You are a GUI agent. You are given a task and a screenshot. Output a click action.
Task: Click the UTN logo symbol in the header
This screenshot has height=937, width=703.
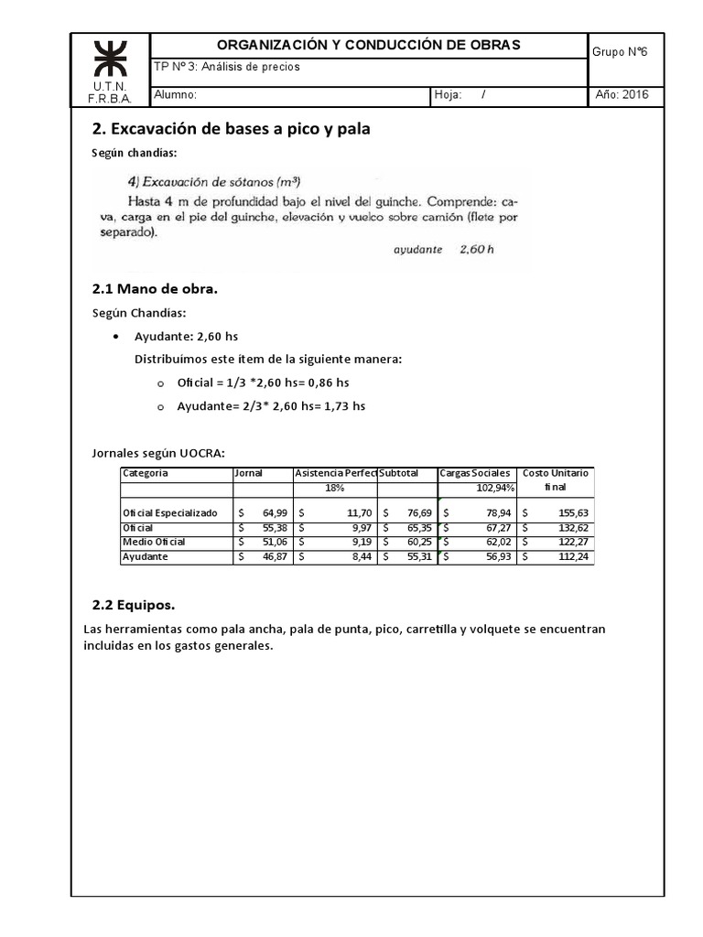tap(109, 60)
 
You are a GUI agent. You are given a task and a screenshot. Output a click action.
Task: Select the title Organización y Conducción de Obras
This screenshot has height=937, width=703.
tap(367, 45)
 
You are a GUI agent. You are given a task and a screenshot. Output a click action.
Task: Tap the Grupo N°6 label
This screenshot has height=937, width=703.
tap(620, 52)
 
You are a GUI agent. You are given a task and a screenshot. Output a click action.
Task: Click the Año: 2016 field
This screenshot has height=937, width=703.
tap(622, 95)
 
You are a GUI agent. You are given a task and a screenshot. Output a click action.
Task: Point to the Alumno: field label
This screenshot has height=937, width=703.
tap(176, 95)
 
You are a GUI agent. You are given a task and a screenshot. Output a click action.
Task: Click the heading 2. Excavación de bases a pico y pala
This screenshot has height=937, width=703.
tap(232, 129)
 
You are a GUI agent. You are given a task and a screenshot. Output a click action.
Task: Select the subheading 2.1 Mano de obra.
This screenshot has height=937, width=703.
tap(156, 289)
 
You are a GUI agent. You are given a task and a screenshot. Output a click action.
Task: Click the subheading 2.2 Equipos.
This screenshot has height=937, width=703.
tap(134, 606)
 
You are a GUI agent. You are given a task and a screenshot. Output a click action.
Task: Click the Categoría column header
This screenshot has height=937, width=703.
tap(146, 473)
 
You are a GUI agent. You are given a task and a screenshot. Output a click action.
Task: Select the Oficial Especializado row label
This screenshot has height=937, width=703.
tap(170, 513)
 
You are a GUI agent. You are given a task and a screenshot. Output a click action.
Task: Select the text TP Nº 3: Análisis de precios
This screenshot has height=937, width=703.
tap(227, 67)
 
